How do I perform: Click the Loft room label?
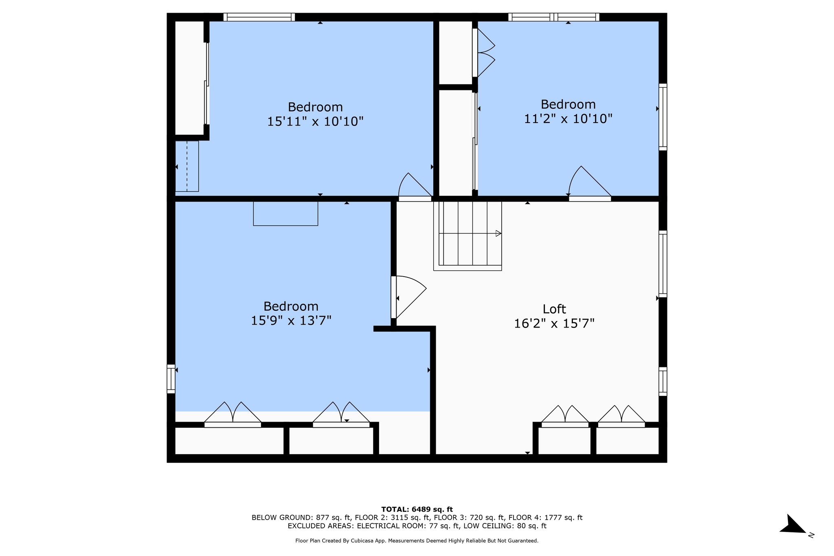coord(554,309)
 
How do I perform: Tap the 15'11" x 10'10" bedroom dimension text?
coord(315,121)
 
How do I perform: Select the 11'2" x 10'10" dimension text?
coord(568,119)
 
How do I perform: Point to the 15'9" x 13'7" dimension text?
coord(291,321)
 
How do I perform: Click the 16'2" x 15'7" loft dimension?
coord(554,324)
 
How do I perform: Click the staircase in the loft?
coord(467,235)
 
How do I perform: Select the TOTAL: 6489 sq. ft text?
coord(417,509)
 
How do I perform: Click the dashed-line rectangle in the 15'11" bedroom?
coord(187,166)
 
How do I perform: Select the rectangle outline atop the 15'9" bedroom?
coord(285,213)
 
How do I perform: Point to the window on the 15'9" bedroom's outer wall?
coord(171,379)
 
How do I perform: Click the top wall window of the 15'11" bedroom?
coord(259,17)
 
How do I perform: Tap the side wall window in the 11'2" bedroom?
coord(663,117)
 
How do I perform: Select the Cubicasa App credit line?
coord(417,541)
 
